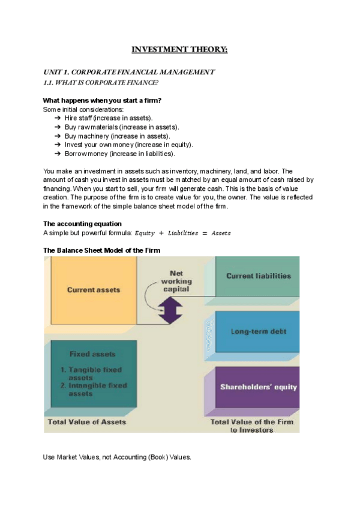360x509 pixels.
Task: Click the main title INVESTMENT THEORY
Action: click(x=179, y=49)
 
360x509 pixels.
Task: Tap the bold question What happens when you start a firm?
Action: click(x=103, y=100)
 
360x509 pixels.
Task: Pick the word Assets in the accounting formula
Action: click(x=220, y=232)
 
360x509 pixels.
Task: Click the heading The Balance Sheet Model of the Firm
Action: click(x=102, y=250)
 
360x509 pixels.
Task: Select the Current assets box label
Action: click(x=94, y=290)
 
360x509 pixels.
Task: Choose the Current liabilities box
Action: click(x=259, y=276)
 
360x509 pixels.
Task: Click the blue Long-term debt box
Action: click(x=259, y=331)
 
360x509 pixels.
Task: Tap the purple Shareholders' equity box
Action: click(x=259, y=387)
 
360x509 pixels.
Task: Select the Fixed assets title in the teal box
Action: click(x=92, y=354)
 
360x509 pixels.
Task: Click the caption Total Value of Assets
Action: click(x=87, y=421)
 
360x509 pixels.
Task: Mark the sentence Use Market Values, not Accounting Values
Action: click(x=117, y=457)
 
